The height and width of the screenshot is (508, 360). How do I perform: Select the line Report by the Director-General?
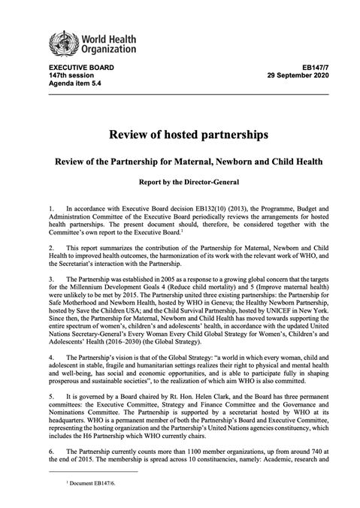(180, 181)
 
